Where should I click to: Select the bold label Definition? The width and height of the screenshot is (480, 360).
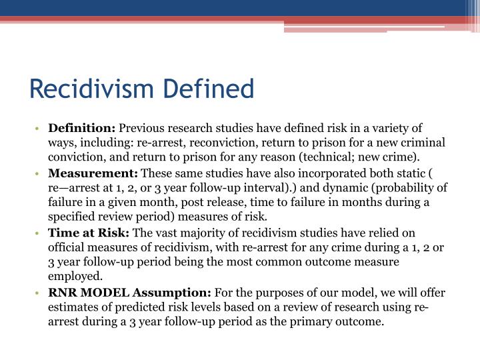[x=82, y=128]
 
